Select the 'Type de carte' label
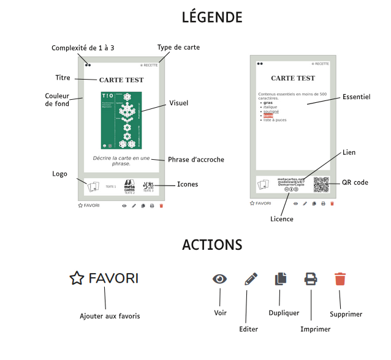pyautogui.click(x=178, y=47)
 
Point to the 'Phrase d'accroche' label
pyautogui.click(x=196, y=160)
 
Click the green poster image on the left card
pyautogui.click(x=121, y=121)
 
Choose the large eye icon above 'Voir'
pyautogui.click(x=220, y=279)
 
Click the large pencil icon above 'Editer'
pyautogui.click(x=251, y=279)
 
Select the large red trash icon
pyautogui.click(x=340, y=279)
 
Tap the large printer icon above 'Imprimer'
pyautogui.click(x=311, y=279)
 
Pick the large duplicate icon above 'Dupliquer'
pyautogui.click(x=281, y=279)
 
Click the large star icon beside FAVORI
pyautogui.click(x=76, y=279)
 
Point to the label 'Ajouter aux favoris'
pyautogui.click(x=110, y=316)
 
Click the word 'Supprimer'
pyautogui.click(x=346, y=314)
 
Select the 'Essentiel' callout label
pyautogui.click(x=356, y=97)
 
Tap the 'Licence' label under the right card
pyautogui.click(x=282, y=219)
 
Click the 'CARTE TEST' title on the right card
pyautogui.click(x=293, y=78)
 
